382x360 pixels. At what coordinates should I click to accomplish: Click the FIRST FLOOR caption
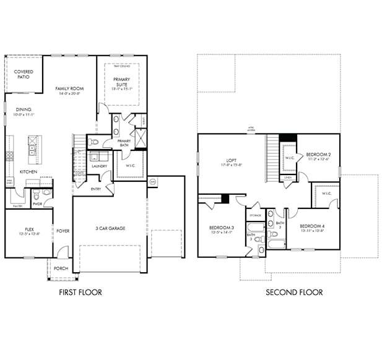80,293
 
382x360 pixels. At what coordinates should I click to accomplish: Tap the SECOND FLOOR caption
294,293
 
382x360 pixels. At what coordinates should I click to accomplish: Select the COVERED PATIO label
24,74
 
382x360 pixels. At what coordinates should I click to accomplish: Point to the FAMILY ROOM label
69,88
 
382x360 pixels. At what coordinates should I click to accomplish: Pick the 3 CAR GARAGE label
110,228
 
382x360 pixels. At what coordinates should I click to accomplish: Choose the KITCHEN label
28,171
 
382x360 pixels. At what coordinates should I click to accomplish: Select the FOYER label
63,231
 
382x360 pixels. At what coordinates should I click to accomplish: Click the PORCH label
61,268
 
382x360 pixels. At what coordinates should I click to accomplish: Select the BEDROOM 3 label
222,229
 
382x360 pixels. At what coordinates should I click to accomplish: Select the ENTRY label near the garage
96,189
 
